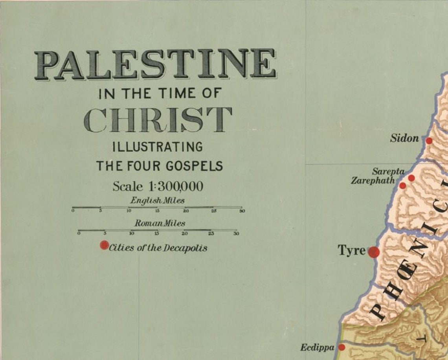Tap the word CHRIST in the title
pos(158,119)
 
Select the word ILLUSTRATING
pos(158,147)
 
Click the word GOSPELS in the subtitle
pos(194,166)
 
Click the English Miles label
pos(157,200)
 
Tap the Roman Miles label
pos(160,223)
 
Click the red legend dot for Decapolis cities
pos(104,245)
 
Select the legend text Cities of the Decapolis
pos(158,248)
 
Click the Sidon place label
pos(404,138)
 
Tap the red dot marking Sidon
pos(429,140)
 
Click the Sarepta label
pos(388,171)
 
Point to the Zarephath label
pos(373,181)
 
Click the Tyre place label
pos(352,250)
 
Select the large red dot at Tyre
pos(373,252)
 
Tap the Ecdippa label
pos(317,347)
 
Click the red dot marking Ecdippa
pos(342,347)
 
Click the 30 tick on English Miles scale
pos(242,211)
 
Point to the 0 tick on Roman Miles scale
pos(79,233)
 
